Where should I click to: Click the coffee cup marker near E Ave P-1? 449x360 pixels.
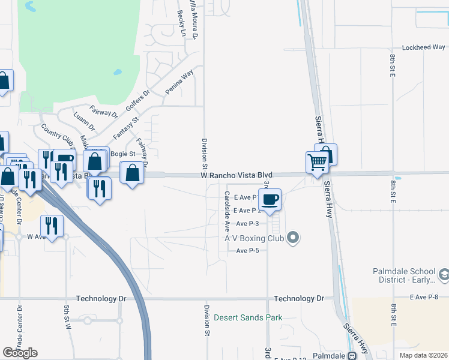(270, 199)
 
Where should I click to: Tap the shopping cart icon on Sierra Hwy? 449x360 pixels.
(316, 161)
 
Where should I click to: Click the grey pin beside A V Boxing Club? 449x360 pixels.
(293, 238)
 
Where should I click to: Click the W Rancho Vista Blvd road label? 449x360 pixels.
(237, 175)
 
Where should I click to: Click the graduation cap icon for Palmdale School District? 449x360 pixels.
(444, 275)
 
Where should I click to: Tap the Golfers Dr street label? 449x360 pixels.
(137, 99)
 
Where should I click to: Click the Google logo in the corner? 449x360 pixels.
(20, 353)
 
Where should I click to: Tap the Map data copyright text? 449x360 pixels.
(423, 355)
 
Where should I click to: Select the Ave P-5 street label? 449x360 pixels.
(247, 250)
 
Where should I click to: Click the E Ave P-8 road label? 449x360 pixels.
(424, 296)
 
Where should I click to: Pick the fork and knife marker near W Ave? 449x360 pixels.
(52, 226)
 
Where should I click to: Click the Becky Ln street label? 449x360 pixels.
(181, 23)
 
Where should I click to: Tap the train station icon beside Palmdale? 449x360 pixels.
(354, 355)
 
